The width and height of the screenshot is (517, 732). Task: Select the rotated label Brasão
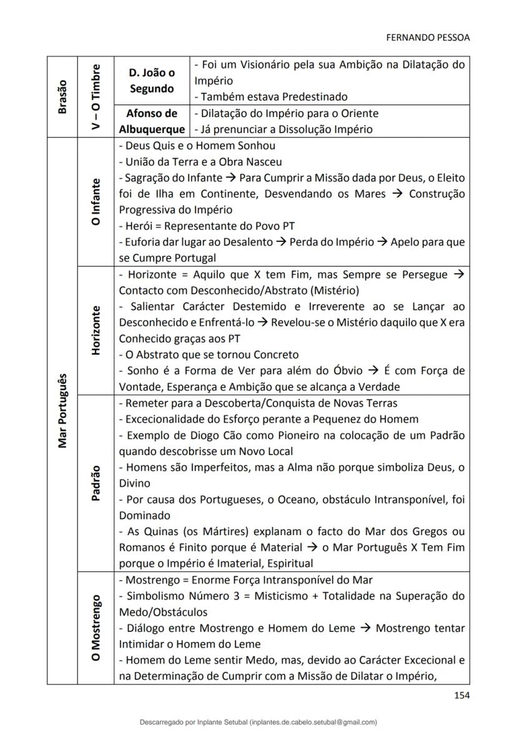(62, 98)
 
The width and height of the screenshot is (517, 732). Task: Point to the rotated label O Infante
(96, 203)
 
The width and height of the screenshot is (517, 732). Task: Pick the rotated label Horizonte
(96, 330)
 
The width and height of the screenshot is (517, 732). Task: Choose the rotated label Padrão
(96, 482)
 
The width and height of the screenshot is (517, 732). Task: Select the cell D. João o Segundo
(152, 81)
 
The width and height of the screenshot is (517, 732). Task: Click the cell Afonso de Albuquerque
(152, 121)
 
